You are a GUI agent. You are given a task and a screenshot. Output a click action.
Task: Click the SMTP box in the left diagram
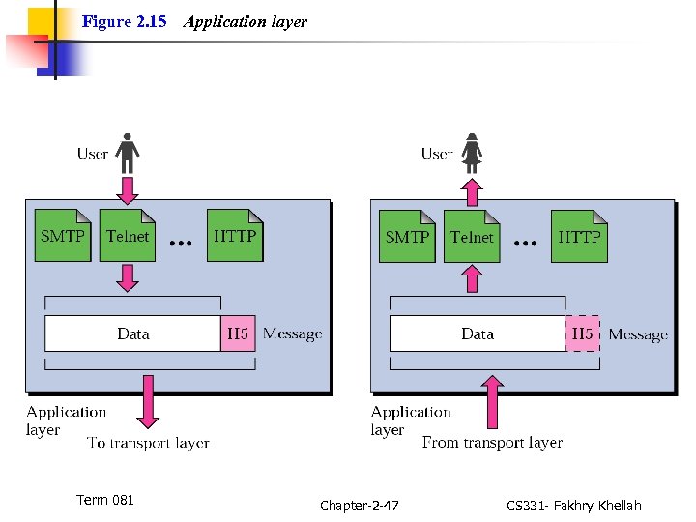(x=63, y=236)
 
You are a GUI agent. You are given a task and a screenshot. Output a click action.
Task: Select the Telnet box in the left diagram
(x=128, y=236)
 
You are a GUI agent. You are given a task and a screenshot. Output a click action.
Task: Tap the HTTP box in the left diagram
(x=235, y=236)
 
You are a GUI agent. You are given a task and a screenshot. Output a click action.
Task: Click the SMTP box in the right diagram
(x=407, y=236)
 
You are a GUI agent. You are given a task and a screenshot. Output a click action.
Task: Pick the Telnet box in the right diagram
(x=472, y=236)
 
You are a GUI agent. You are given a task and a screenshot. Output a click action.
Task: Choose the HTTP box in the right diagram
(x=580, y=236)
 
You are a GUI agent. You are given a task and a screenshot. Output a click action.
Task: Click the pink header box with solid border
(x=238, y=333)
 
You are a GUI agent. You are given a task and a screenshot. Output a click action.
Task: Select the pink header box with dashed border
(x=582, y=333)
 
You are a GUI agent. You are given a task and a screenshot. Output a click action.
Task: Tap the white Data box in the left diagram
(x=132, y=333)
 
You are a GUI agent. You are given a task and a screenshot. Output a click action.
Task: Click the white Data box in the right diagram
(x=477, y=333)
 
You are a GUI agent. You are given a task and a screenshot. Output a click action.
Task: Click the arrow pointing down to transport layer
(x=148, y=401)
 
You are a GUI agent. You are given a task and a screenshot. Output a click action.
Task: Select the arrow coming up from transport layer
(x=492, y=401)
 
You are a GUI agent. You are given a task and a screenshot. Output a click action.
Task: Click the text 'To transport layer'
(x=148, y=444)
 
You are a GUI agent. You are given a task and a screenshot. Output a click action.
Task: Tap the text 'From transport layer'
(x=492, y=443)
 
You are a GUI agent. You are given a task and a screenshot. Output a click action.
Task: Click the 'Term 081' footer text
(x=105, y=500)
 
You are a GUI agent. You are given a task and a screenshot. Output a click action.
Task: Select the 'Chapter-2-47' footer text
(x=359, y=506)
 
